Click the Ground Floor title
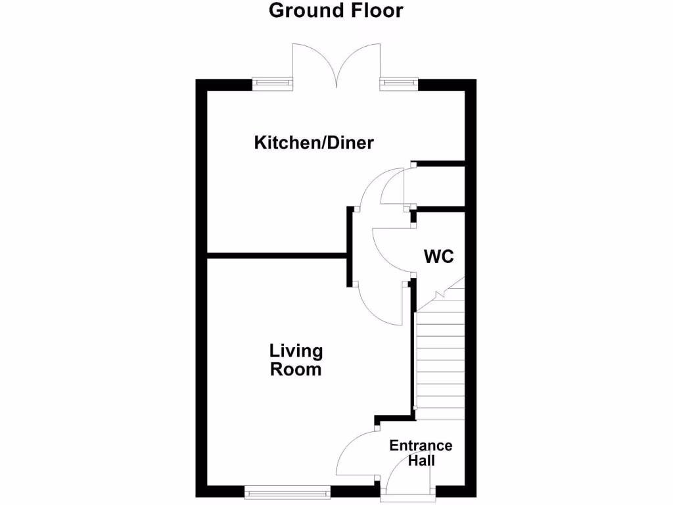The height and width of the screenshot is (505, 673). [336, 11]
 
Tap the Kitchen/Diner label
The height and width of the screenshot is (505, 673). [313, 143]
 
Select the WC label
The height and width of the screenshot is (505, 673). [438, 256]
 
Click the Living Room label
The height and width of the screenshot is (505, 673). [296, 360]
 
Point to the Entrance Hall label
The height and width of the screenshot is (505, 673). [421, 453]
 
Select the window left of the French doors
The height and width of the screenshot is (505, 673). [273, 84]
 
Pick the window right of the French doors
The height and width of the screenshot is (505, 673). [398, 84]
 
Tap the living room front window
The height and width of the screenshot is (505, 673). [287, 491]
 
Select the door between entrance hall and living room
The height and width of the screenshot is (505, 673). [355, 454]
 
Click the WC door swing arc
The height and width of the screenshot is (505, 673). [392, 250]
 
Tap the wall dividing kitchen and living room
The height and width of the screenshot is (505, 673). [276, 255]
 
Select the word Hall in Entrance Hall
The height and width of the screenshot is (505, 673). [421, 461]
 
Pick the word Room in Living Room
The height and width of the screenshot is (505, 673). [296, 370]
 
